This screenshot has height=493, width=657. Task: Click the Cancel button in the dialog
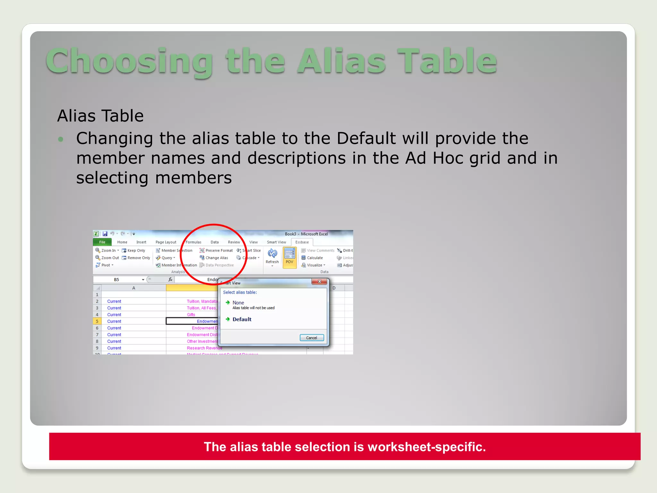point(311,338)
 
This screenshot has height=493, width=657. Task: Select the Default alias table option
point(242,319)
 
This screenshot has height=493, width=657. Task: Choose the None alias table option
point(238,303)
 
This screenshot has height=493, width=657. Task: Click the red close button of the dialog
point(319,281)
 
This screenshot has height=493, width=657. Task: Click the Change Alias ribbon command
point(217,258)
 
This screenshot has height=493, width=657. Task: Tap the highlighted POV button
point(289,257)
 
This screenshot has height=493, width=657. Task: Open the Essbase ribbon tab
point(302,242)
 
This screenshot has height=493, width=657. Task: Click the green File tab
point(102,242)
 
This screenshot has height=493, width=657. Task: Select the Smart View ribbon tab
point(276,242)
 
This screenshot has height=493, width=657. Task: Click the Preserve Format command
point(219,250)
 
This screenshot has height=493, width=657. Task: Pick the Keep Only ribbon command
point(136,250)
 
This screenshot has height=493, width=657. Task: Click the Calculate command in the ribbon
point(314,258)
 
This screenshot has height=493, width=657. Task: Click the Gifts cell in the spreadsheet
point(191,315)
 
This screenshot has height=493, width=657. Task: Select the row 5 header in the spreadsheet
point(97,321)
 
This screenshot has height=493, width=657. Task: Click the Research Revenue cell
point(204,348)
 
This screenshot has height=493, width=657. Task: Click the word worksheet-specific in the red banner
point(426,447)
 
